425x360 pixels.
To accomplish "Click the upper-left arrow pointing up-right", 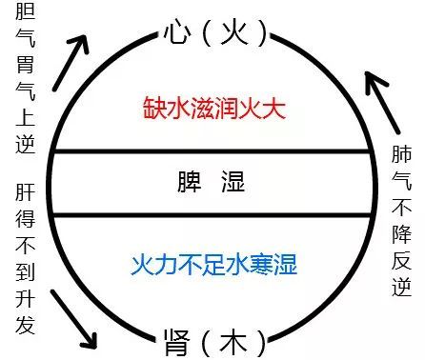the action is click(x=69, y=65).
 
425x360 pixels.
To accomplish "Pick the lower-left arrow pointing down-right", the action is click(x=75, y=313).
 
